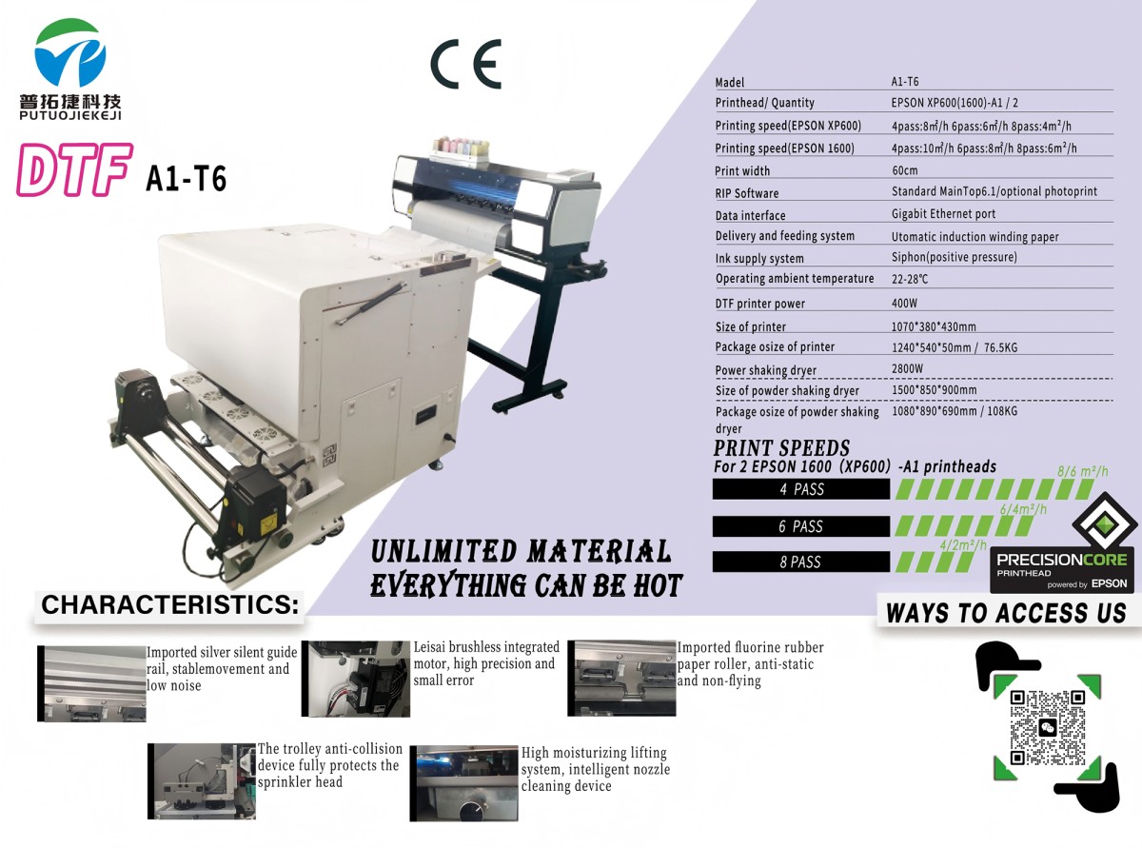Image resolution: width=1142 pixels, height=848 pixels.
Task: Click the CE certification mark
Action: point(465,64)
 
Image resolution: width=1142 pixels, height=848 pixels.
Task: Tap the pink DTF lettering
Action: point(74,170)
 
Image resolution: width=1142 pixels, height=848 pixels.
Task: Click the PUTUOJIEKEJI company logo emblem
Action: point(70,52)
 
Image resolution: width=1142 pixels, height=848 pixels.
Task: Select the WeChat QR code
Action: point(1047,727)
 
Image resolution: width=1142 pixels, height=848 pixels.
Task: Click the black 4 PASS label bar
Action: point(801,488)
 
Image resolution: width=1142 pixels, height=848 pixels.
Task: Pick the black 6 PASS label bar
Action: point(801,526)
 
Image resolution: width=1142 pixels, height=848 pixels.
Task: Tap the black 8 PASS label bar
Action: point(801,562)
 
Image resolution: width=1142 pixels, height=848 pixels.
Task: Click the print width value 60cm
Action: point(905,170)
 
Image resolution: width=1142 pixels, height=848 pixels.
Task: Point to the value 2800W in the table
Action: point(907,368)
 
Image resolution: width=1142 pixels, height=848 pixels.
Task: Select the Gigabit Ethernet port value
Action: point(943,214)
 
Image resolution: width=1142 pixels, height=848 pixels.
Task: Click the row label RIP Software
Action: point(746,193)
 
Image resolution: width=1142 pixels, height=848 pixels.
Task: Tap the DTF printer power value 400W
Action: point(904,304)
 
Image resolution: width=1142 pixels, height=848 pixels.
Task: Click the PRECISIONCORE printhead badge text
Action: point(1062,560)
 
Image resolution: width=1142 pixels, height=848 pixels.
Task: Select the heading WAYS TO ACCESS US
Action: point(1006,613)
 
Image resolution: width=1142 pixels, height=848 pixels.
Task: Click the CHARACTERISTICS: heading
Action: point(170,605)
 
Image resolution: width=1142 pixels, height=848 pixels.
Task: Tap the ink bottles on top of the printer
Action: point(461,147)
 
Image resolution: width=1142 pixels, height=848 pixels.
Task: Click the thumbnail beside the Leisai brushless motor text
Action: point(356,679)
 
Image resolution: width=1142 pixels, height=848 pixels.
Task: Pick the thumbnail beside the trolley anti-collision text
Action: point(202,781)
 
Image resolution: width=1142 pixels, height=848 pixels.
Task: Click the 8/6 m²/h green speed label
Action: point(1083,471)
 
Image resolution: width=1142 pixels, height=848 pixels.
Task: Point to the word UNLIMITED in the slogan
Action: point(443,551)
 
